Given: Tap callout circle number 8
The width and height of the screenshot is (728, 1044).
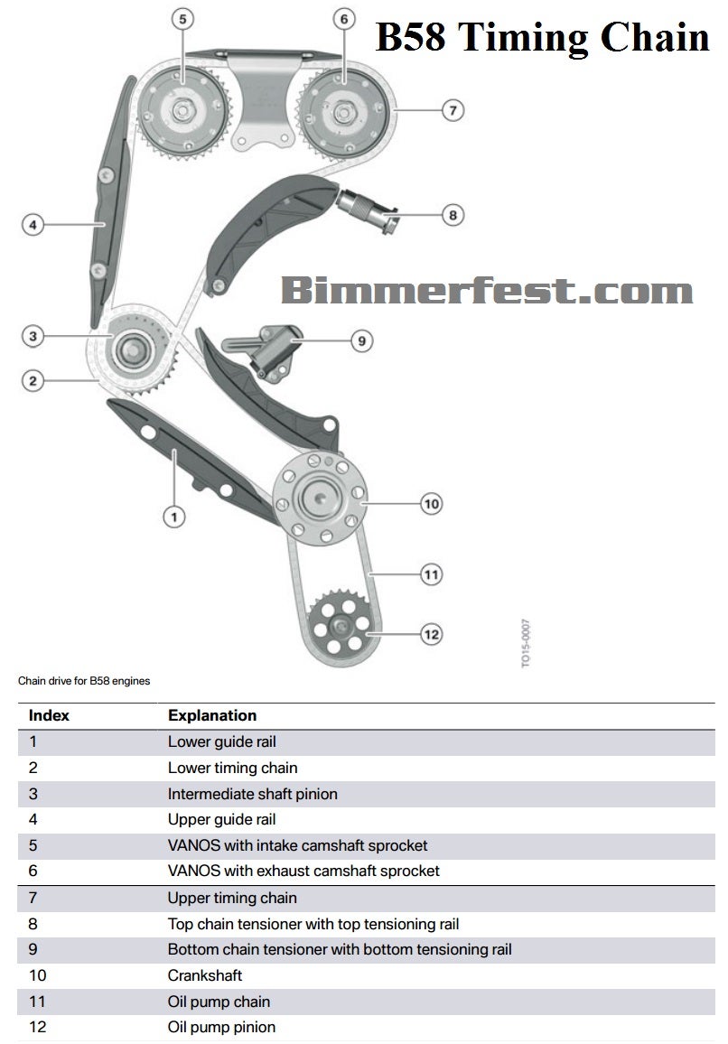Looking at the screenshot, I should point(453,215).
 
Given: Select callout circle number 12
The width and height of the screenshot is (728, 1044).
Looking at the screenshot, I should point(432,634).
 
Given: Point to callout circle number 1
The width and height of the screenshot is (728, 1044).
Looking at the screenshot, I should point(173,517).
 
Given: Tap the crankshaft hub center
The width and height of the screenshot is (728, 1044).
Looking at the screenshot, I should point(319,498).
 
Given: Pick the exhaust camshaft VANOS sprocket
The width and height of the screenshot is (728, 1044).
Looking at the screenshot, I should point(344,111).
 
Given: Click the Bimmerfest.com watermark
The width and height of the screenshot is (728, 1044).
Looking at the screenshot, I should point(486,291).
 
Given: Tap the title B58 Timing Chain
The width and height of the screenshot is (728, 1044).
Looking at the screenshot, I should point(542,37).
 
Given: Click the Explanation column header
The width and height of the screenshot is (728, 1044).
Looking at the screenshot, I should point(212,715).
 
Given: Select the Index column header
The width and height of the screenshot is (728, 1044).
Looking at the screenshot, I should point(49,715).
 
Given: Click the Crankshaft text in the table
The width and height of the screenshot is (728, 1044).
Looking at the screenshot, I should point(205,975).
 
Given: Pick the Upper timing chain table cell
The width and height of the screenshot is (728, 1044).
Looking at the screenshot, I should point(232,898).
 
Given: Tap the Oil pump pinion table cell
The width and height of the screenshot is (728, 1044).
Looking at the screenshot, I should point(221,1027).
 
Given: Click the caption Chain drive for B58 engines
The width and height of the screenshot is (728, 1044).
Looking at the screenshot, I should point(84,681).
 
